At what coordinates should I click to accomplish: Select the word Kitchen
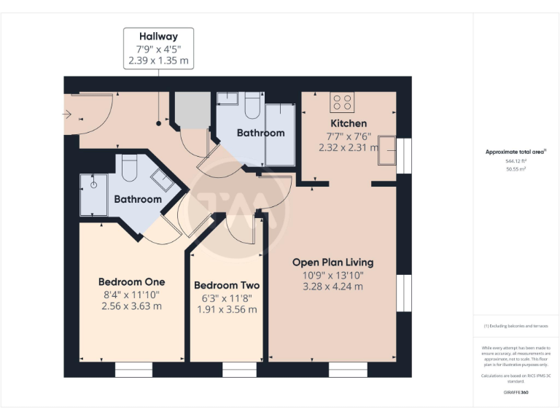coord(349,123)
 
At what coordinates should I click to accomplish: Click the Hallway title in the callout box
coord(158,36)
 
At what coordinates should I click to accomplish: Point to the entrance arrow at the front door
coord(67,114)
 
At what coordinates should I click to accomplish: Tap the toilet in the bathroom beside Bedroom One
coord(129,168)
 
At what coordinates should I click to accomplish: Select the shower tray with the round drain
coord(93,194)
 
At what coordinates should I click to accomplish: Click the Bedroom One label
coord(131,282)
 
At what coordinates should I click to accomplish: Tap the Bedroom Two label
coord(227,286)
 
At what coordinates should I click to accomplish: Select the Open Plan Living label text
coord(332,262)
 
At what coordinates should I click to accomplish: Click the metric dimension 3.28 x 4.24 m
coord(332,287)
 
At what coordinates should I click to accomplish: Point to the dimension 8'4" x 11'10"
coord(131,295)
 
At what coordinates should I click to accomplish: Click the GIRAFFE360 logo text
coord(516,392)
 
